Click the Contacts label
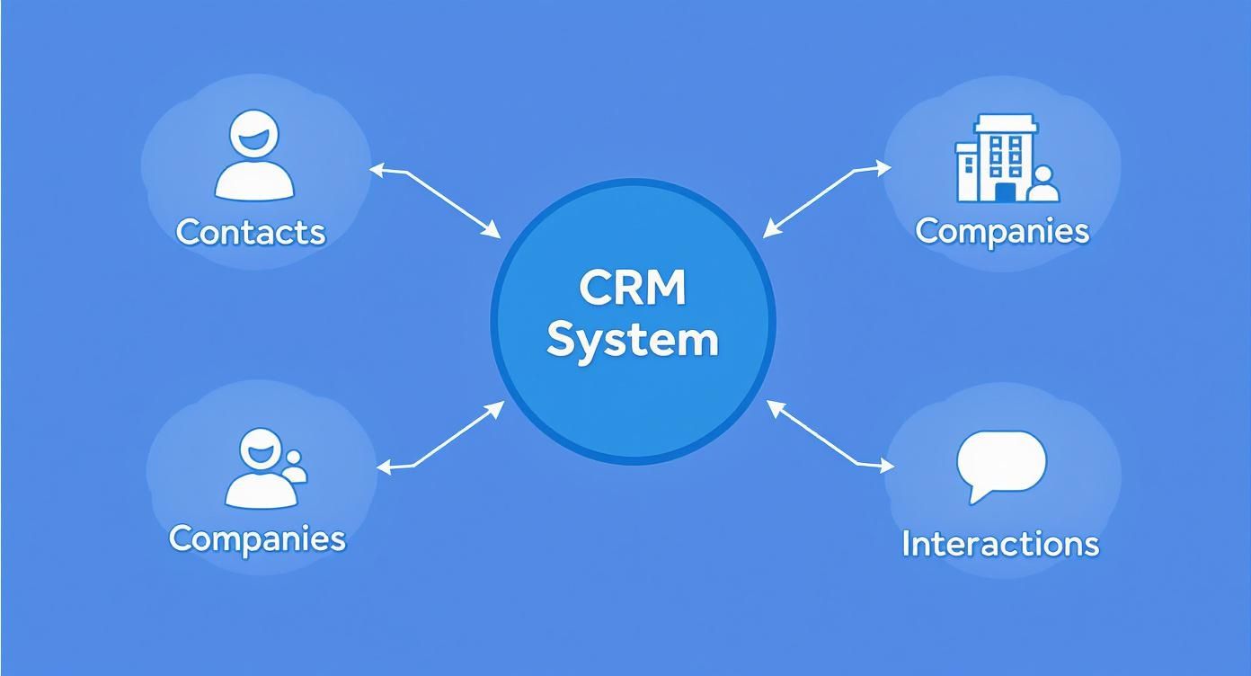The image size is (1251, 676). pos(250,232)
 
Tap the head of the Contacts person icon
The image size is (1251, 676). pos(254,135)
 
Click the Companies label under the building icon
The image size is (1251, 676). pos(1002,230)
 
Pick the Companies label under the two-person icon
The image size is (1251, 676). pos(257,538)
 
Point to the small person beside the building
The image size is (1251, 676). pos(1043,183)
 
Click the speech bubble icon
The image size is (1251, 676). pos(1001,462)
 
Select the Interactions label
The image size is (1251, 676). pos(999,544)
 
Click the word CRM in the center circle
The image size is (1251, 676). pos(633,289)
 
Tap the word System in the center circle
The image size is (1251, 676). pos(633,341)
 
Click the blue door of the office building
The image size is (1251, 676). pos(1004,191)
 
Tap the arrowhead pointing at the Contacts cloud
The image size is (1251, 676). pos(376,168)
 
